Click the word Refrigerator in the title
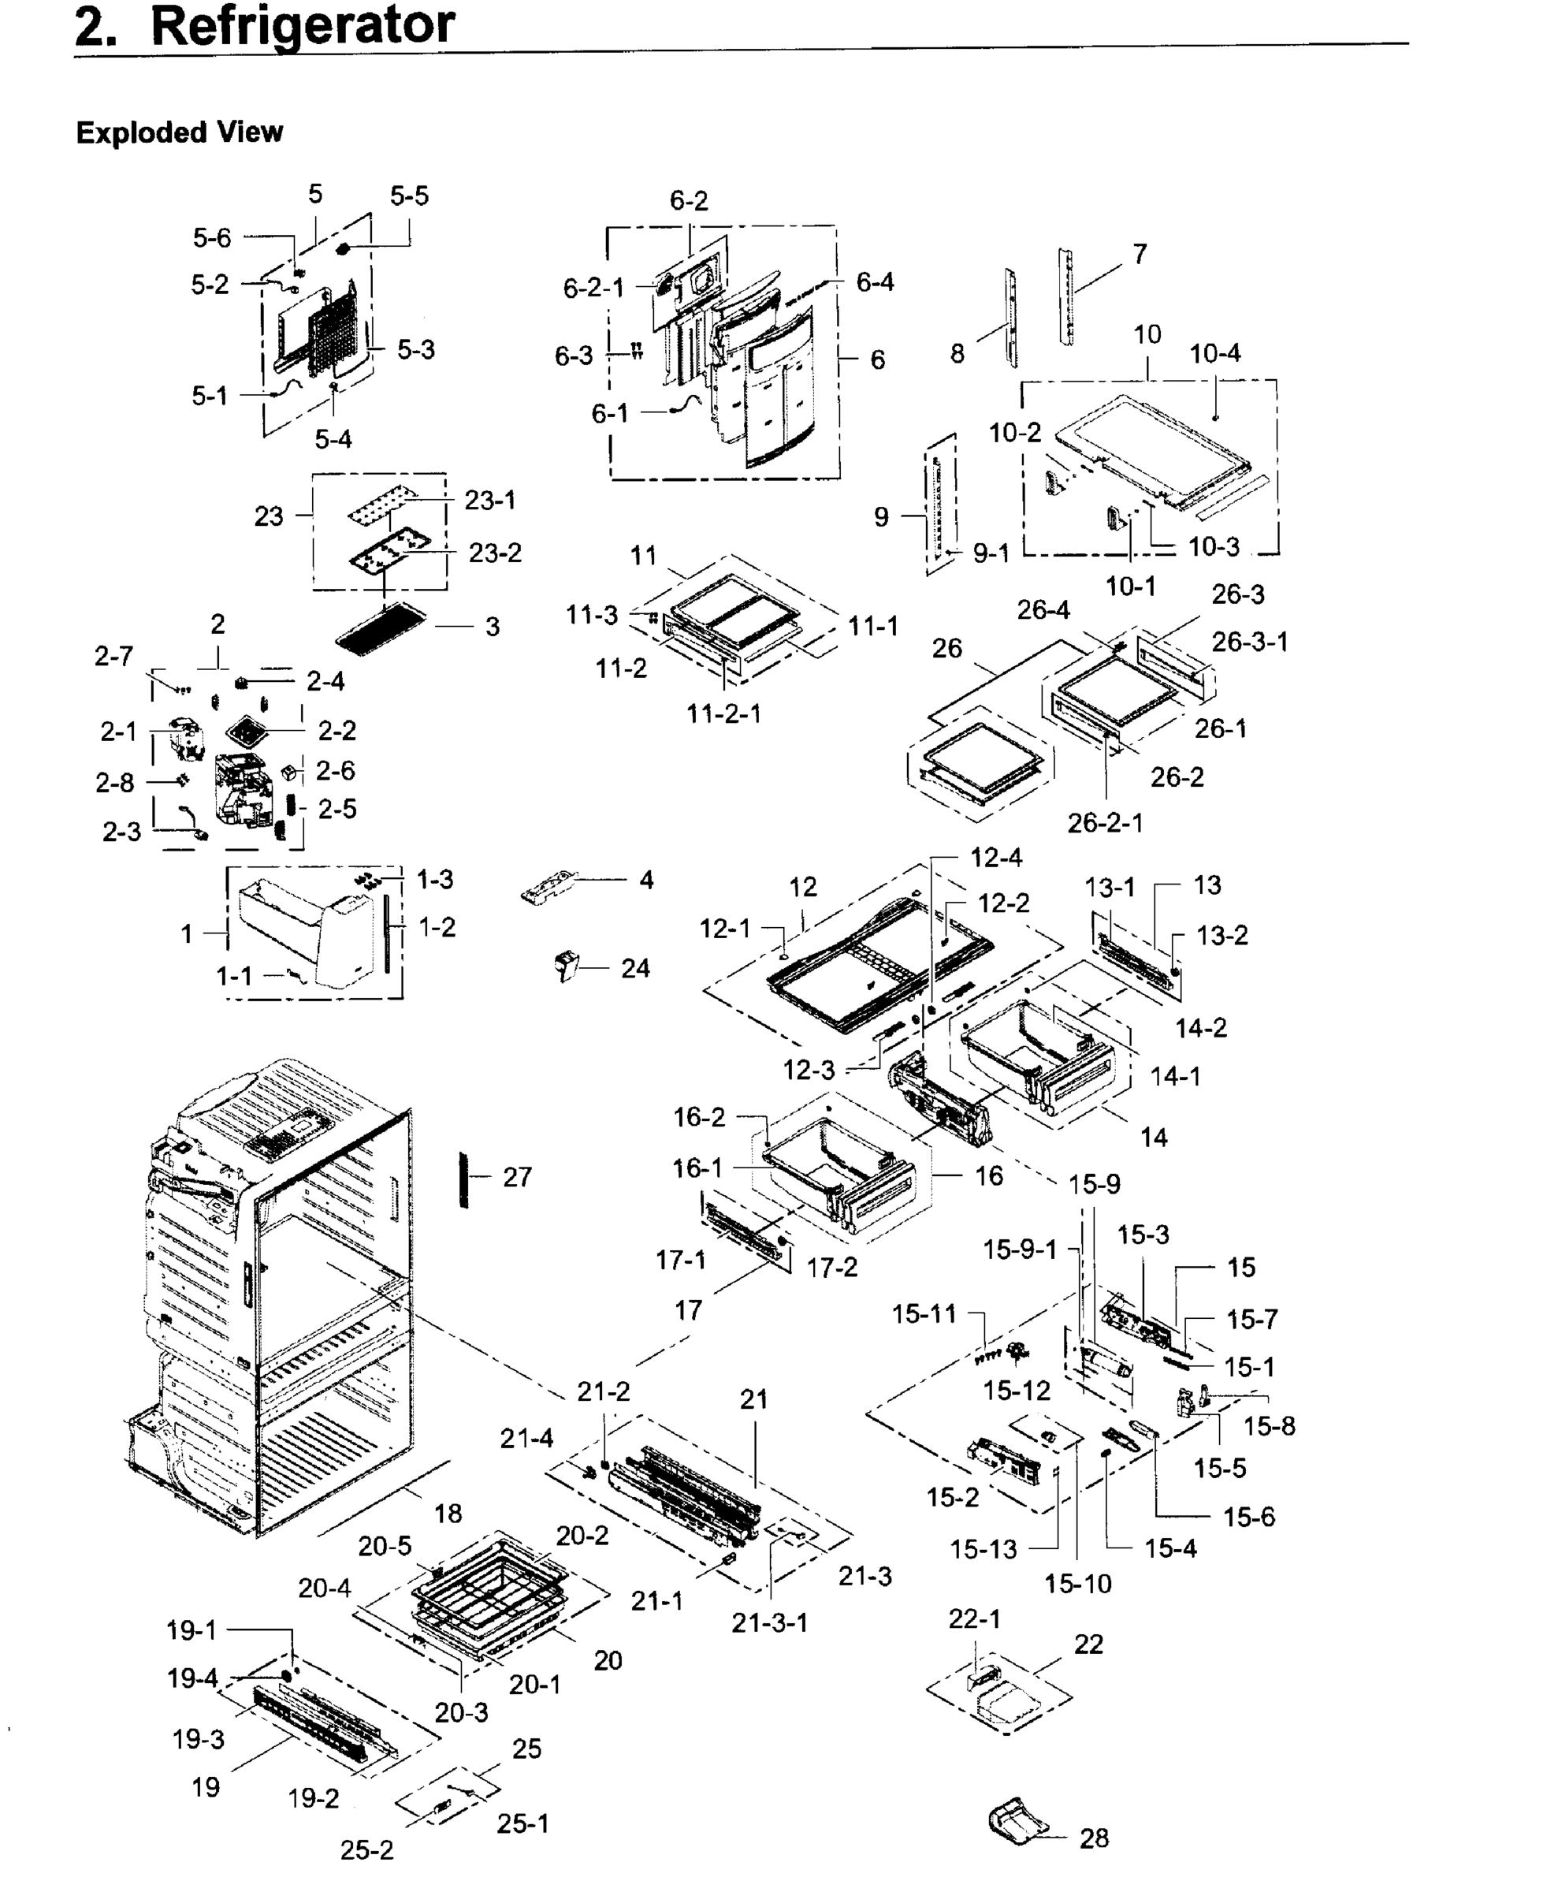tap(303, 25)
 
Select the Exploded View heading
tap(180, 133)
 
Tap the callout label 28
tap(1094, 1838)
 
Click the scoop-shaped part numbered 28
tap(1017, 1822)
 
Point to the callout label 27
tap(517, 1177)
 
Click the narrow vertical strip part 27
tap(464, 1179)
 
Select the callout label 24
tap(635, 968)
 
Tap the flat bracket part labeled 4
tap(549, 886)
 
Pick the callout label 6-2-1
tap(593, 288)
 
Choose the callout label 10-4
tap(1215, 354)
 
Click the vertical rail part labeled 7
tap(1066, 297)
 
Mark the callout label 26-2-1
tap(1105, 823)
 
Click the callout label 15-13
tap(984, 1549)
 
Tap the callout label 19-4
tap(192, 1678)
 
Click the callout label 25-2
tap(366, 1851)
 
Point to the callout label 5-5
tap(409, 196)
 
